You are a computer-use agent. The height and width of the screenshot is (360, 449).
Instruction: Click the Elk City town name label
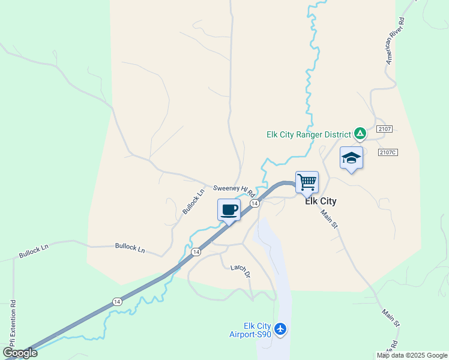pyautogui.click(x=321, y=202)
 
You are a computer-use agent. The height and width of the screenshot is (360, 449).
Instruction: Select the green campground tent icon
pyautogui.click(x=360, y=133)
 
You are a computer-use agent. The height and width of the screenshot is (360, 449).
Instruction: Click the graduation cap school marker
pyautogui.click(x=351, y=158)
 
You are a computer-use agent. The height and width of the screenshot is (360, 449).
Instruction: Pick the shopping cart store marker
pyautogui.click(x=307, y=181)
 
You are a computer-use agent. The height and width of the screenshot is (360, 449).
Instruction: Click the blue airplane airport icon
pyautogui.click(x=280, y=328)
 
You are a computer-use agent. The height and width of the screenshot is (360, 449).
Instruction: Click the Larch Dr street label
pyautogui.click(x=240, y=271)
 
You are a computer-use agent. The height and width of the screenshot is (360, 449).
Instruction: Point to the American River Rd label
pyautogui.click(x=396, y=41)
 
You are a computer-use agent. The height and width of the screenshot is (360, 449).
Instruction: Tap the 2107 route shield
pyautogui.click(x=385, y=129)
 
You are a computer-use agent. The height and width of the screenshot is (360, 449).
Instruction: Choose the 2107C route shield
pyautogui.click(x=388, y=152)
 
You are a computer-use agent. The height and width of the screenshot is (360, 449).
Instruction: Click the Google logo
pyautogui.click(x=20, y=352)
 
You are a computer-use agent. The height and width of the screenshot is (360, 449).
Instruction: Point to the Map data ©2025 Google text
pyautogui.click(x=412, y=355)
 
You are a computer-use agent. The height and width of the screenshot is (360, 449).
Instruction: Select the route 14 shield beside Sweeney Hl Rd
pyautogui.click(x=255, y=204)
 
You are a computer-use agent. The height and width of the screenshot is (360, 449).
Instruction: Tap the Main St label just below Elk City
pyautogui.click(x=329, y=218)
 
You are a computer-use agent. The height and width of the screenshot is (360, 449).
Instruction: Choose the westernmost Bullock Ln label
pyautogui.click(x=33, y=251)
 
